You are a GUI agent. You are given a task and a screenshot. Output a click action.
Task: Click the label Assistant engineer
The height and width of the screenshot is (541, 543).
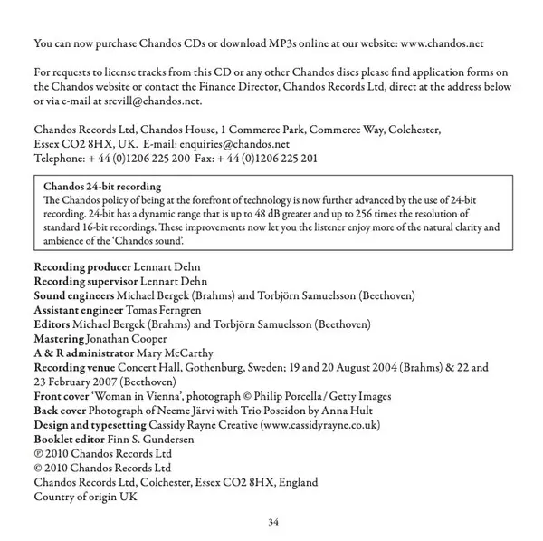[x=78, y=310]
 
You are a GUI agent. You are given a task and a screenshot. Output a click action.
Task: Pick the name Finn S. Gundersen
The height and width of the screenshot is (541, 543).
[x=146, y=439]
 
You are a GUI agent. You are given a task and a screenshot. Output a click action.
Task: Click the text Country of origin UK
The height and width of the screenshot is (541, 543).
[x=85, y=496]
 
